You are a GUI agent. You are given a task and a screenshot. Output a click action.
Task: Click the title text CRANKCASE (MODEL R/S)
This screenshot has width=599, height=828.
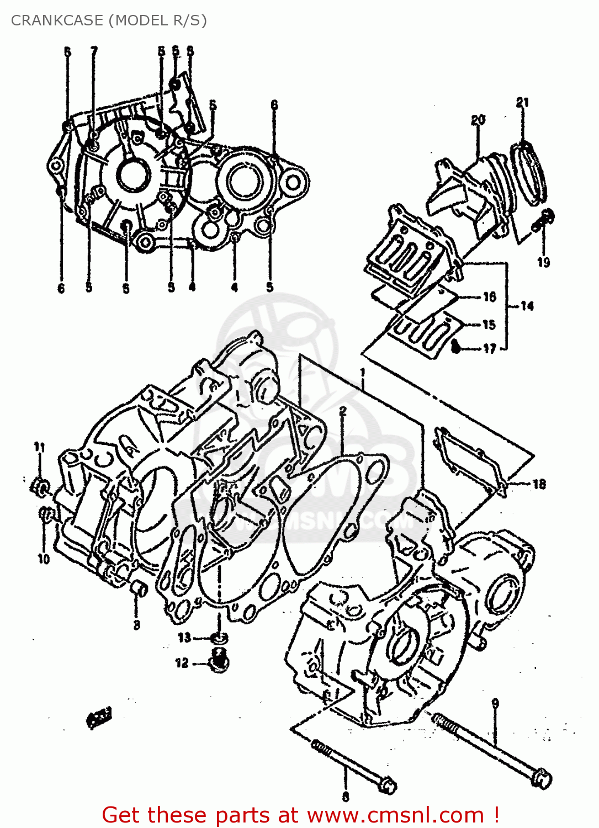click(x=109, y=20)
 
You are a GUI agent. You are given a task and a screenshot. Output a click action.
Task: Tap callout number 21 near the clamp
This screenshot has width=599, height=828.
click(x=522, y=102)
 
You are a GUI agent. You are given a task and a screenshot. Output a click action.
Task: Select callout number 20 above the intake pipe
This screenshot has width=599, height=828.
click(x=478, y=120)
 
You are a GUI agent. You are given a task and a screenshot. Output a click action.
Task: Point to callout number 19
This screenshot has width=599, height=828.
click(x=544, y=262)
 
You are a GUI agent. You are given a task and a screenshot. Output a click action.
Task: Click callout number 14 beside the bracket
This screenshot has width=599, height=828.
click(x=527, y=306)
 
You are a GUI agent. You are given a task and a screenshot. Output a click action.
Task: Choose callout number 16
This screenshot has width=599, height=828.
click(x=490, y=297)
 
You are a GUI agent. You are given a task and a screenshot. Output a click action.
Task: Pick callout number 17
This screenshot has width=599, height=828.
click(x=490, y=348)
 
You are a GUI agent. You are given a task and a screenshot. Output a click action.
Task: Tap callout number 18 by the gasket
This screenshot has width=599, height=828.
click(x=539, y=484)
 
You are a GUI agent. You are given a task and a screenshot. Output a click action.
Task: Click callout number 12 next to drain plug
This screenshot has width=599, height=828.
click(x=182, y=663)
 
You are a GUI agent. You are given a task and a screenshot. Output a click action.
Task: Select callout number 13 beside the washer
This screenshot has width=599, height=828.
click(x=184, y=638)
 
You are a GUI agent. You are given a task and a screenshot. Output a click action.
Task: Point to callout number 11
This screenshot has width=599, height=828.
click(x=39, y=447)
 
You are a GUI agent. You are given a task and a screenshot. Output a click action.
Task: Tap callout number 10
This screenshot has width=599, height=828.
click(x=44, y=559)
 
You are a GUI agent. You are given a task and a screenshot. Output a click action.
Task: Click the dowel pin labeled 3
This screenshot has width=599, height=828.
click(x=139, y=589)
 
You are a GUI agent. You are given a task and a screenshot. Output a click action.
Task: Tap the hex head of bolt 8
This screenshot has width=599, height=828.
click(x=388, y=785)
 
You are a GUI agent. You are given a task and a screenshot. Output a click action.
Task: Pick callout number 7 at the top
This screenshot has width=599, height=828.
click(x=94, y=51)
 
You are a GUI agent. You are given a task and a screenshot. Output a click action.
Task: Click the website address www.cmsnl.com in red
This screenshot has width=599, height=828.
click(x=395, y=815)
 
